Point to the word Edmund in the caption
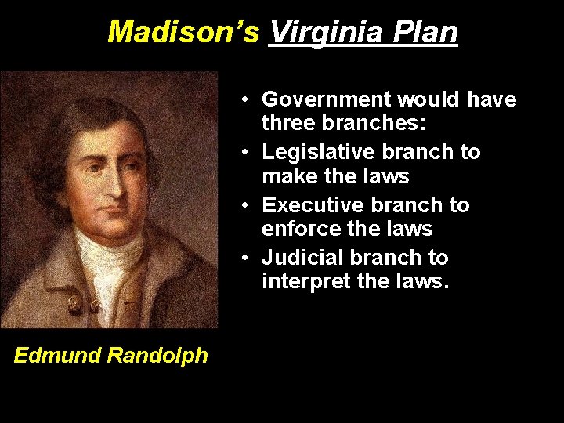pyautogui.click(x=57, y=356)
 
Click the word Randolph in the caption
pyautogui.click(x=157, y=356)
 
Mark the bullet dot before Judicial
pyautogui.click(x=245, y=258)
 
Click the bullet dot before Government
pyautogui.click(x=245, y=100)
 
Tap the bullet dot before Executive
pyautogui.click(x=245, y=206)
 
